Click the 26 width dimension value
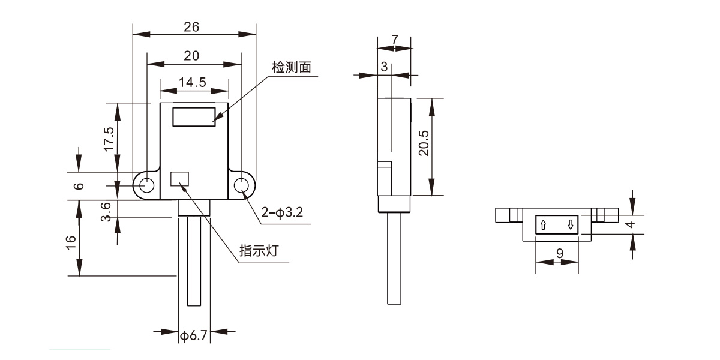191,27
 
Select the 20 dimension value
191,56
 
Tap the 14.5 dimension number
192,82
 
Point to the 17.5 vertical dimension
109,139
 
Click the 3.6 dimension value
106,212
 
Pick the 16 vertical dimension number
71,242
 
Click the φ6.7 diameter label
193,335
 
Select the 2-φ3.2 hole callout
282,212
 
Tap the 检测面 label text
292,67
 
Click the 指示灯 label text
259,251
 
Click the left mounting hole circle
147,185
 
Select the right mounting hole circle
241,185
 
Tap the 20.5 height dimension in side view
424,143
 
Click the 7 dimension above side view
395,40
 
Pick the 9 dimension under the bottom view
560,254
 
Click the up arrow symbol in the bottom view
543,224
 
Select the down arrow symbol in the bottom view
571,224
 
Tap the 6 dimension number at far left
79,186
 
